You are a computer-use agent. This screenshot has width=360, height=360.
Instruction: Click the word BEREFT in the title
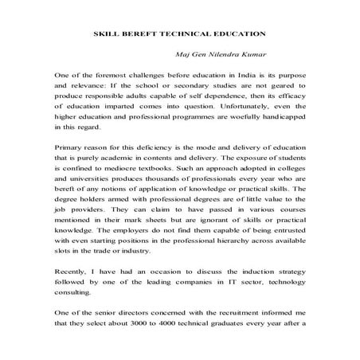tap(150, 34)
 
